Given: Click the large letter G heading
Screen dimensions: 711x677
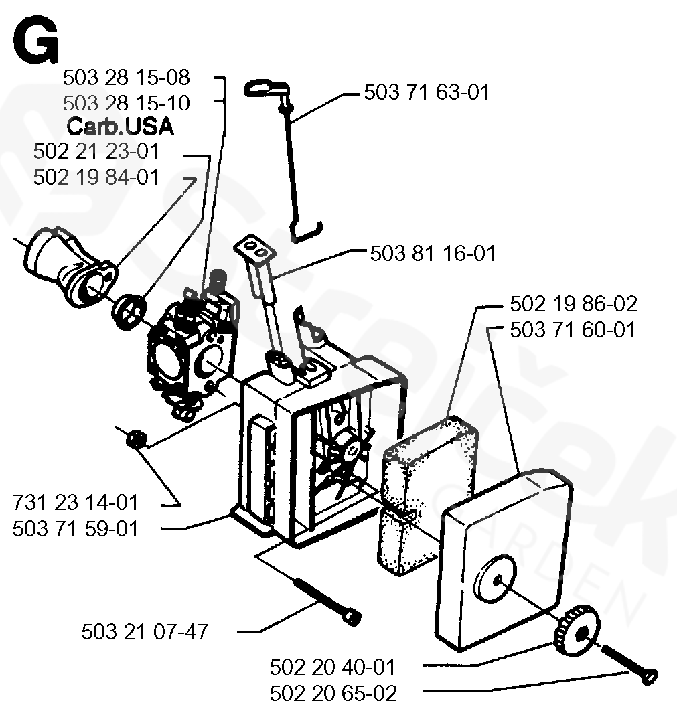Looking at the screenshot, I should click(x=35, y=42).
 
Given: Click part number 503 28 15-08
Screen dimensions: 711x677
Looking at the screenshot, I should click(x=126, y=78).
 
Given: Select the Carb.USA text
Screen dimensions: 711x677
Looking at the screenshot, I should click(x=120, y=127).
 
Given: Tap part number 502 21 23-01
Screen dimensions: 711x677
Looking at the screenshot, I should click(x=96, y=152).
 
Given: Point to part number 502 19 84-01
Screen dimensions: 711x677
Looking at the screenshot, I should click(x=96, y=177).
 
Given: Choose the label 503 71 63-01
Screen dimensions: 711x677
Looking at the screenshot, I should click(x=427, y=92).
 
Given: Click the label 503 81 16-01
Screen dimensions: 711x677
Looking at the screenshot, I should click(x=433, y=254).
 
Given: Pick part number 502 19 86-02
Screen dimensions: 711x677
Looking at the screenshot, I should click(x=573, y=304).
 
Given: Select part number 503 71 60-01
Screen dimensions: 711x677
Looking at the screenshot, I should click(x=573, y=329).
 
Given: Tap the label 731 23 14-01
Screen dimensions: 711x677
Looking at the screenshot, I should click(x=76, y=502).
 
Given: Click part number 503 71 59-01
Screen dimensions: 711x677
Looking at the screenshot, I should click(x=76, y=528).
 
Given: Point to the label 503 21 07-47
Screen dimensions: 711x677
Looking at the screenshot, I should click(x=145, y=631).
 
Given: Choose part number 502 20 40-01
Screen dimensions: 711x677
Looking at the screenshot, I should click(x=333, y=667).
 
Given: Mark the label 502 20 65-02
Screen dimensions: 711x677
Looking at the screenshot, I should click(x=333, y=692).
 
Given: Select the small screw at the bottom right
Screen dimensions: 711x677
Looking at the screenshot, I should click(x=629, y=664).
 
